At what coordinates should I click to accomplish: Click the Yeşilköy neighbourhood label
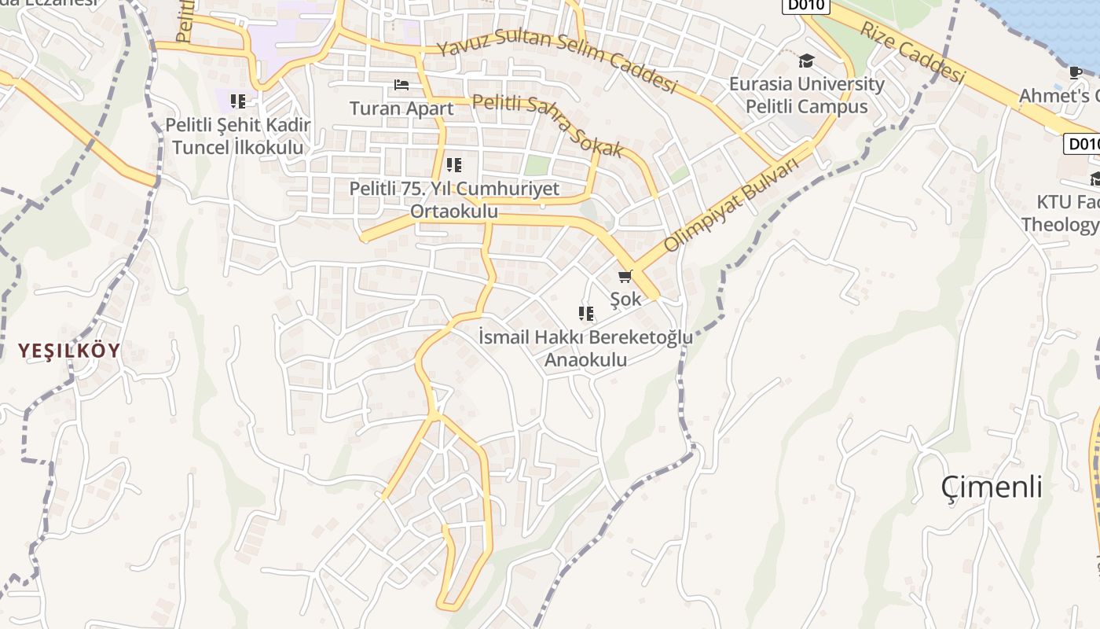click(x=70, y=351)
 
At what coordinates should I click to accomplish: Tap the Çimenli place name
click(x=992, y=487)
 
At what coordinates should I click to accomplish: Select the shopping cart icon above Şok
click(x=625, y=276)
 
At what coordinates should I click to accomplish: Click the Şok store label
click(x=625, y=299)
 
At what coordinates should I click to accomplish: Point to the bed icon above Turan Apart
click(x=401, y=85)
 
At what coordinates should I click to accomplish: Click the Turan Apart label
click(x=401, y=109)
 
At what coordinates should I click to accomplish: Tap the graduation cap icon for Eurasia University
click(x=806, y=61)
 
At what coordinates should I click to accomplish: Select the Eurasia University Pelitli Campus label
click(x=806, y=95)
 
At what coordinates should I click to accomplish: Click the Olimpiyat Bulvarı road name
click(x=731, y=205)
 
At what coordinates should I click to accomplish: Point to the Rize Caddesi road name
click(x=911, y=52)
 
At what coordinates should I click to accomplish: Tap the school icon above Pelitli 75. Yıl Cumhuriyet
click(x=453, y=165)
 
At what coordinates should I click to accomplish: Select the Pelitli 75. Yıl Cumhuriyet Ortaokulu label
click(x=454, y=200)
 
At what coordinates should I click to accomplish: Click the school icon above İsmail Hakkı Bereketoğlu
click(x=586, y=314)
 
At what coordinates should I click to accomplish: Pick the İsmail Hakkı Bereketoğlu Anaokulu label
click(x=586, y=348)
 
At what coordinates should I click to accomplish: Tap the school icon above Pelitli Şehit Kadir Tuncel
click(x=238, y=101)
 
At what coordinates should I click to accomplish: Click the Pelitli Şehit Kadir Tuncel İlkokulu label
click(x=238, y=136)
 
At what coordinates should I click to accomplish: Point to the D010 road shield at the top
click(x=805, y=5)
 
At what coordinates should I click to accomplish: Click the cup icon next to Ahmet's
click(x=1076, y=72)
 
